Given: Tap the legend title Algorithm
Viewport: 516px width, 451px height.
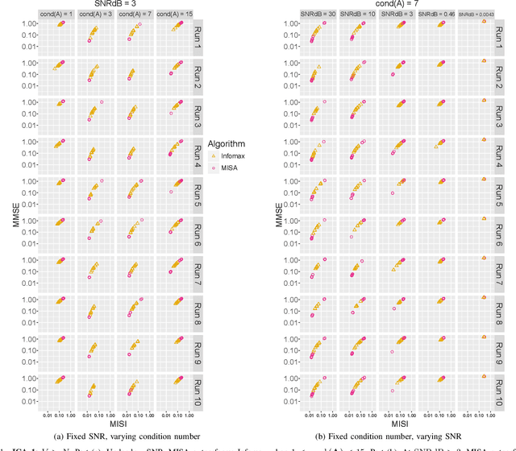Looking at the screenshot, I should pos(229,139).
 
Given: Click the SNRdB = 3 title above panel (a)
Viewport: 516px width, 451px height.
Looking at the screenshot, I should pos(110,4).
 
